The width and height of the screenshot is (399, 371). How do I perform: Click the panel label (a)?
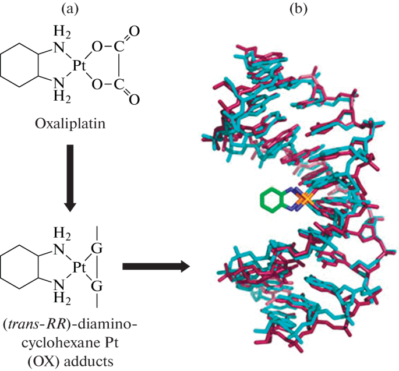(x=70, y=9)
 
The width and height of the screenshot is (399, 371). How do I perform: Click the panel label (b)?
(x=299, y=9)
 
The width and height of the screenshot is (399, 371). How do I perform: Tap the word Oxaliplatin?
(x=70, y=125)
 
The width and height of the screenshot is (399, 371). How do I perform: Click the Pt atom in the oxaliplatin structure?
(x=79, y=66)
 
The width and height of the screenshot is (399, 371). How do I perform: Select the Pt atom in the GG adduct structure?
(x=79, y=267)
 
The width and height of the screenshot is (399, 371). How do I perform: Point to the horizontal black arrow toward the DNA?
(x=156, y=266)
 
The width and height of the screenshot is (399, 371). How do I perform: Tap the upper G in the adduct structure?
(x=97, y=249)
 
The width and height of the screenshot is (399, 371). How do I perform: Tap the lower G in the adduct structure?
(x=97, y=286)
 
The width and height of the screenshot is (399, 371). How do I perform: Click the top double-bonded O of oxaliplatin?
(x=134, y=31)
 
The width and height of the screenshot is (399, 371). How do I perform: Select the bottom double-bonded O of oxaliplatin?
(x=134, y=99)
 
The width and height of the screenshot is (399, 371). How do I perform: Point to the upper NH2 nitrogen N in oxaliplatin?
(x=59, y=48)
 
